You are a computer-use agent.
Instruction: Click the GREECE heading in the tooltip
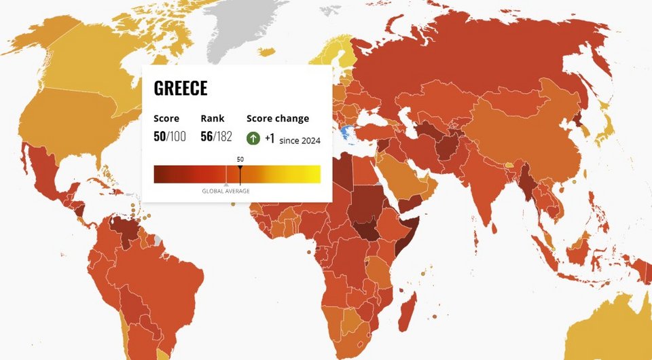click(181, 88)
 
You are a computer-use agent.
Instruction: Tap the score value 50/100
click(169, 137)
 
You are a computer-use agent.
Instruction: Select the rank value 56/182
click(216, 137)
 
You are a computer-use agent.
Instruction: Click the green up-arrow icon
click(253, 138)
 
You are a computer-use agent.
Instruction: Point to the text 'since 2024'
click(300, 141)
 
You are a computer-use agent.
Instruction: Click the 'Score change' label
click(277, 118)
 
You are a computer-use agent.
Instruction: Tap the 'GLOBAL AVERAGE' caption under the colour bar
click(225, 191)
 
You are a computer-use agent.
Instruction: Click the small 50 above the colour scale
click(240, 159)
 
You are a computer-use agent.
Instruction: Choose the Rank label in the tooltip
click(212, 118)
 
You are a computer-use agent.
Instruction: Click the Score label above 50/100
click(166, 118)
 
